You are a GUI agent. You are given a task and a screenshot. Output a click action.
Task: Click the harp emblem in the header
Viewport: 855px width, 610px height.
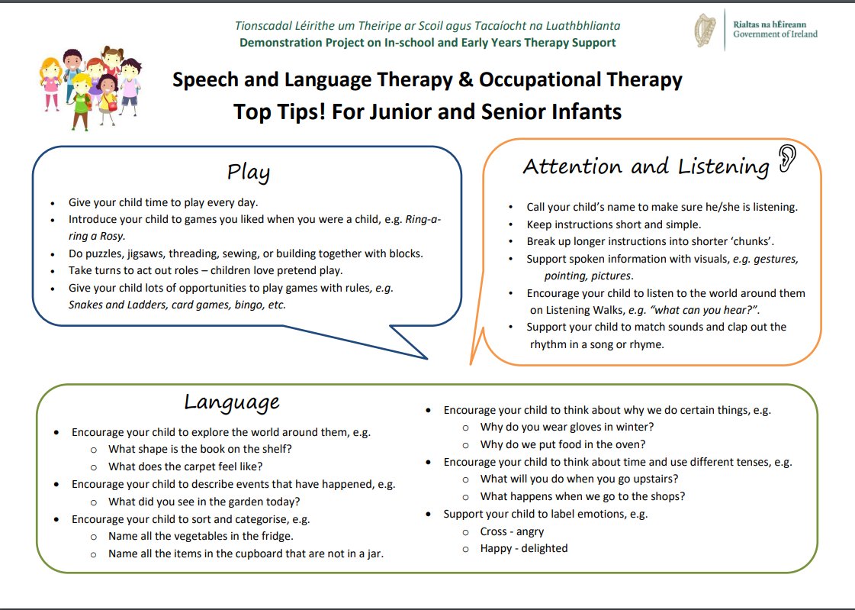705,31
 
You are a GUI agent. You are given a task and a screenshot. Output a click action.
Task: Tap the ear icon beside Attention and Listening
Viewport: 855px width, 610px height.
787,159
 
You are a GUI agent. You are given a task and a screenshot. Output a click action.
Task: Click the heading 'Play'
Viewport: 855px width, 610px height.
249,173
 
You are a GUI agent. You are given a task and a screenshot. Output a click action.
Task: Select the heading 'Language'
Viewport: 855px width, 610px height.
232,402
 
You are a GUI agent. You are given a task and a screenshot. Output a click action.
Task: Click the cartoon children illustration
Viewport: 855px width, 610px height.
91,87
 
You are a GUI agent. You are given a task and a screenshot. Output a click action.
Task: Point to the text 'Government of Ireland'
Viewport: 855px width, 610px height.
775,34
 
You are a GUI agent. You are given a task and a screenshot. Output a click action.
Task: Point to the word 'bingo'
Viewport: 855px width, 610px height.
249,305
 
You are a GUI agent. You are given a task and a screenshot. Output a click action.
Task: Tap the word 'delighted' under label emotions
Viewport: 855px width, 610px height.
544,548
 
